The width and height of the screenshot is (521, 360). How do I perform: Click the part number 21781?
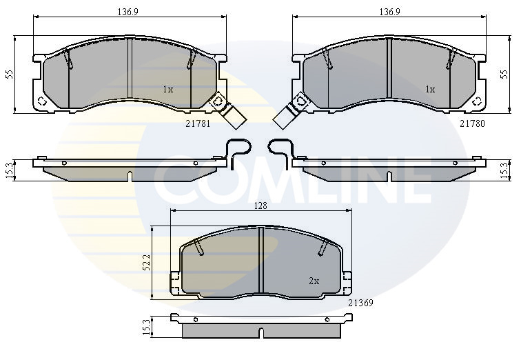tap(198, 123)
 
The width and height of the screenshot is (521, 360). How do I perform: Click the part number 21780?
tap(472, 123)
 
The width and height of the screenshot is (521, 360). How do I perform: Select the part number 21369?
tap(360, 303)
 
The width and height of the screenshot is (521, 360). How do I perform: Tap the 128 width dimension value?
tap(260, 206)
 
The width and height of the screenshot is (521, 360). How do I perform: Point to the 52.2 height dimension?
tap(147, 262)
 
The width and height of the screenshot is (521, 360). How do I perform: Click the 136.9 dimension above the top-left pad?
tap(128, 12)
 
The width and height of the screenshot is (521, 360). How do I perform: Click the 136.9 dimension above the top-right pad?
tap(390, 12)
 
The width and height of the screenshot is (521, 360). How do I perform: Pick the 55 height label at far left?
tap(10, 74)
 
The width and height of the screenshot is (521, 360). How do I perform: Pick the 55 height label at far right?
tap(504, 74)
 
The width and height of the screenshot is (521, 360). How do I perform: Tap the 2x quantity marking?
tap(314, 281)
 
